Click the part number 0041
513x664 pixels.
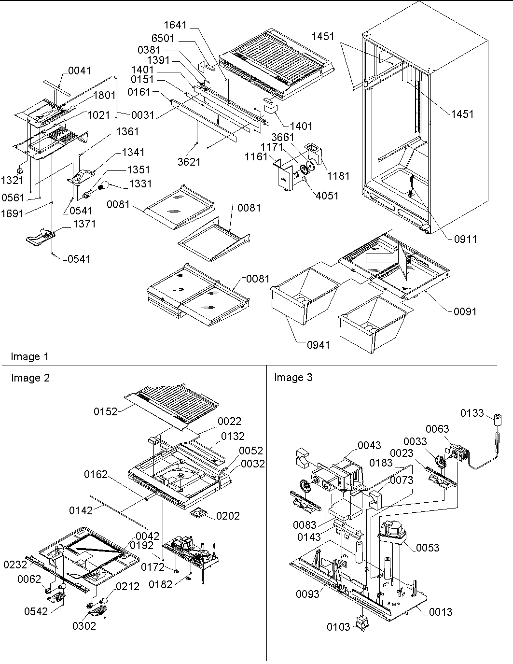79,71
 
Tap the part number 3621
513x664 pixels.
189,162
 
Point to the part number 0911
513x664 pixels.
465,239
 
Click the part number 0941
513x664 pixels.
319,344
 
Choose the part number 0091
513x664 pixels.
465,311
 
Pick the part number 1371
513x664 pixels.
84,224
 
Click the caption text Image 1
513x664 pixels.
29,357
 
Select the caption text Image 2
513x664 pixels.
30,378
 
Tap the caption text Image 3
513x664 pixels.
293,378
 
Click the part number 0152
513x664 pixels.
106,411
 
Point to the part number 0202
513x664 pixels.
228,516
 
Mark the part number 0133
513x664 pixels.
471,413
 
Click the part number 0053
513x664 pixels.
428,547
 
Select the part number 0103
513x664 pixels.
338,627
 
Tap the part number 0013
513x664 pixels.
440,612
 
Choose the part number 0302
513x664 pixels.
84,626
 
